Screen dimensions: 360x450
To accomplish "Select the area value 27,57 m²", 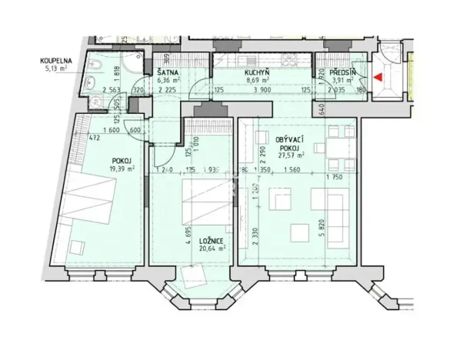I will (291, 155).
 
